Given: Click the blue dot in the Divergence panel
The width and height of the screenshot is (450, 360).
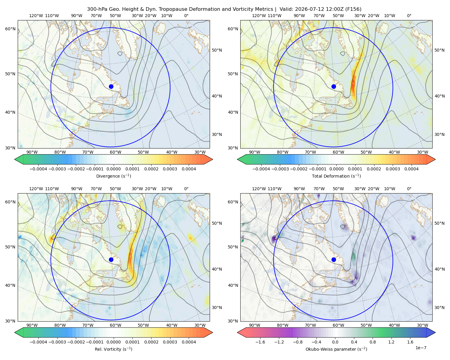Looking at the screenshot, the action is (x=111, y=86).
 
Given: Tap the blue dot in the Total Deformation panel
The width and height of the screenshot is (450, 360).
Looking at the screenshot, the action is (x=334, y=86).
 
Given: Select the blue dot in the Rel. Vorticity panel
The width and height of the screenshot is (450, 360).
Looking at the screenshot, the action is (x=111, y=259).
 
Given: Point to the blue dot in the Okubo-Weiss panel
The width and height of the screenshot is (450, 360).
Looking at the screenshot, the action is (x=334, y=259).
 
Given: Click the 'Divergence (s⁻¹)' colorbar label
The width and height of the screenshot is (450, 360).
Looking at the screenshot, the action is (x=113, y=176).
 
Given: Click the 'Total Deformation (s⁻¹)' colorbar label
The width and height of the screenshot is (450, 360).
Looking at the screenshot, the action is (x=336, y=176).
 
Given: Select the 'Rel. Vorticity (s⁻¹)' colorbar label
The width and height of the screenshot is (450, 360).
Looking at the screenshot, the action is (x=113, y=349).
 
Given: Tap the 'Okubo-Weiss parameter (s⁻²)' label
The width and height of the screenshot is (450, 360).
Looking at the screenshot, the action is (x=336, y=349).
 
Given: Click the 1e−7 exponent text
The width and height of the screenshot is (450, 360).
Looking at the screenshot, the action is (x=421, y=348).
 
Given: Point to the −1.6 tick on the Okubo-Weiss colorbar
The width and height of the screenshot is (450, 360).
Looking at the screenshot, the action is (x=260, y=342).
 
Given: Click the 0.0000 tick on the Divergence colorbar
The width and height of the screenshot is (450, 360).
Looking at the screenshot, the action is (x=113, y=169).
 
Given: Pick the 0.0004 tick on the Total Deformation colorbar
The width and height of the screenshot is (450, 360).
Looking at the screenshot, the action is (x=411, y=169).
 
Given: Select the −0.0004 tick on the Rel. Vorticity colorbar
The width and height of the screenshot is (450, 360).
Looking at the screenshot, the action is (x=38, y=342).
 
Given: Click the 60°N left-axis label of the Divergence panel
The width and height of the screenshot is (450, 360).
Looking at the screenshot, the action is (x=10, y=29).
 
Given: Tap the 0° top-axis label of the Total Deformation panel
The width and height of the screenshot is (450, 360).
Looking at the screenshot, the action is (x=409, y=16).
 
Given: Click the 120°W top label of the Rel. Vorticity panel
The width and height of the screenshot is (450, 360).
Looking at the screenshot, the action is (x=36, y=189).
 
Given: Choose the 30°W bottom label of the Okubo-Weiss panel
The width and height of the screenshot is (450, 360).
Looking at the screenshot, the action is (x=422, y=325).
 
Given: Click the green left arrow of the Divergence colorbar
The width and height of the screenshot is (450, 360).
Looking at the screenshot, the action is (x=19, y=159).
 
